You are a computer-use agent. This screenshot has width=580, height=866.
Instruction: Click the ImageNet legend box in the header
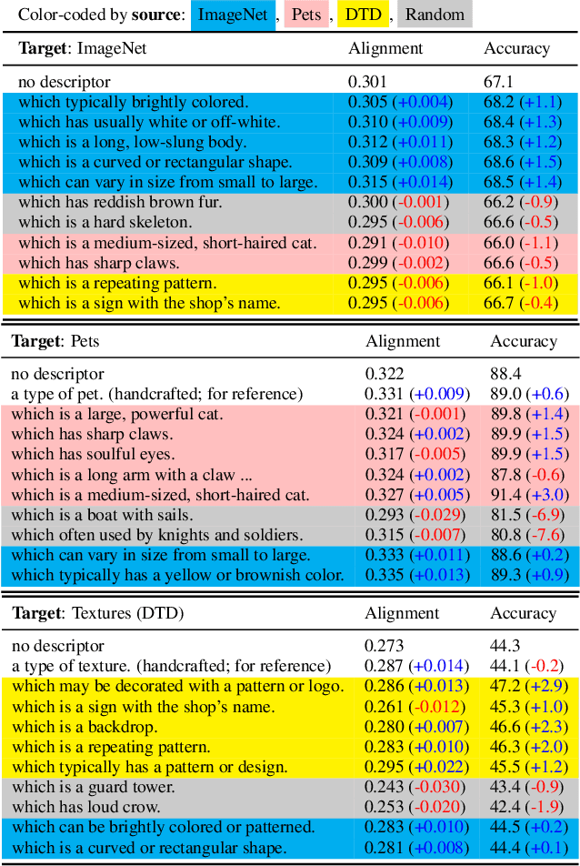232,15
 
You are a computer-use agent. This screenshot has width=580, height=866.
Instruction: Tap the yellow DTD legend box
363,15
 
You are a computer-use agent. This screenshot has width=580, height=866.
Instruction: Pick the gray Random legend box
435,15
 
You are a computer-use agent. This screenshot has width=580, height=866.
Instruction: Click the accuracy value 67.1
497,83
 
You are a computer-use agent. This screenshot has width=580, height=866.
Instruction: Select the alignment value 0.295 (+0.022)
415,766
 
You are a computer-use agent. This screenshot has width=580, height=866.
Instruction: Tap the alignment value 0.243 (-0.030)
415,787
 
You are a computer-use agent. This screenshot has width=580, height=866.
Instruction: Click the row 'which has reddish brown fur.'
119,202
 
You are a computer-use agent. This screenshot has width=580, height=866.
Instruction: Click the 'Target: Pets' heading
56,341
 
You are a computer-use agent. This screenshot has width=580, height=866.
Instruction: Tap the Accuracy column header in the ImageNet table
516,48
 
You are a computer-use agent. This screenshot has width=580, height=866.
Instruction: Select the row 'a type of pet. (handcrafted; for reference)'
155,394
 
